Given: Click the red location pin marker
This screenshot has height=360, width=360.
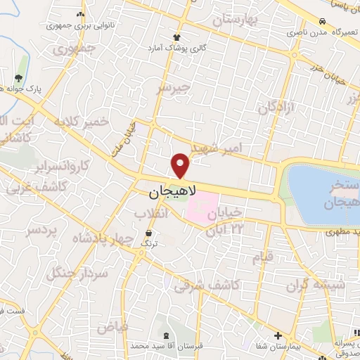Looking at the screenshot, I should tap(181, 165).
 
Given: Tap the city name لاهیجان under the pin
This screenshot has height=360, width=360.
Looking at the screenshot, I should tap(173, 191).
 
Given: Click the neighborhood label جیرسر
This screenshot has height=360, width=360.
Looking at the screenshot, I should tap(174, 87).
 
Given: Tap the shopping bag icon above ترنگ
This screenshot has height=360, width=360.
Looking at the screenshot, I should tap(149, 233).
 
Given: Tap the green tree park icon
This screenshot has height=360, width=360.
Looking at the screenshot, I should tap(18, 78).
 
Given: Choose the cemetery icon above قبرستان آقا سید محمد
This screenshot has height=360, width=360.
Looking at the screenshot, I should tap(164, 334).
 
